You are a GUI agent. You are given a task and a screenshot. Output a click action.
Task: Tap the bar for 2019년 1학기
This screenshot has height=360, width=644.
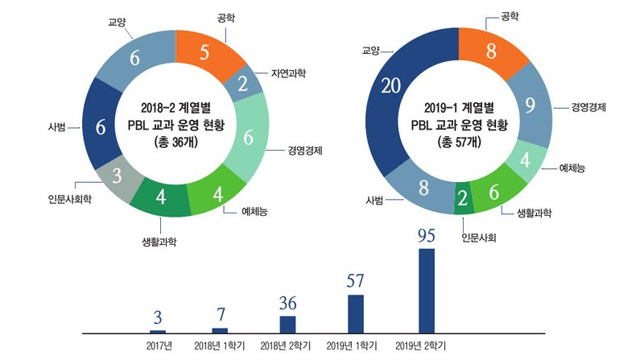[x=356, y=313]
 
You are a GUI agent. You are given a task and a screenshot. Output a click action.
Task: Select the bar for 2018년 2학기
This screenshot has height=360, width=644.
[x=287, y=324]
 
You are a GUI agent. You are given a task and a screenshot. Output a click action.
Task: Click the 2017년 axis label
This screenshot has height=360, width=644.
[x=158, y=347]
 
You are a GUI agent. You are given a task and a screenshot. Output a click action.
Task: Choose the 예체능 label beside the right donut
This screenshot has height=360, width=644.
[x=572, y=168]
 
